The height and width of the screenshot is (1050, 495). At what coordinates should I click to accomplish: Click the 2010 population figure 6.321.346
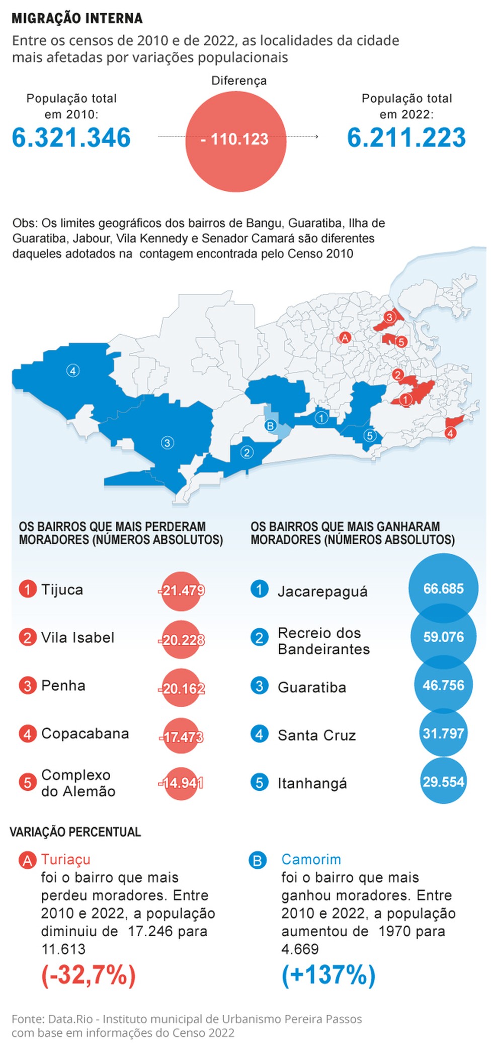(x=71, y=138)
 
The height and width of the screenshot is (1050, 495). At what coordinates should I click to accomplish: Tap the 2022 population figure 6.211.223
(x=406, y=138)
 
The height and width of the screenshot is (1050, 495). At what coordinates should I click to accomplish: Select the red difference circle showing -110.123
(x=235, y=141)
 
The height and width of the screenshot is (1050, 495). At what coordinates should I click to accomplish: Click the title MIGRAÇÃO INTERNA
(x=77, y=19)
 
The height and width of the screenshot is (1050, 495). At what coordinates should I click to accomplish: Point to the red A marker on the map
(x=345, y=338)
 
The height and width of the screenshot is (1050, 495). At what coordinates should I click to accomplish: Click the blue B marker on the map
(x=270, y=426)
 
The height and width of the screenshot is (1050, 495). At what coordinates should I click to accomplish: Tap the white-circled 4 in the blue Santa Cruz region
(x=73, y=371)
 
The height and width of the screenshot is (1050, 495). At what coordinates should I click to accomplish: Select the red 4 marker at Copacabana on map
(x=450, y=433)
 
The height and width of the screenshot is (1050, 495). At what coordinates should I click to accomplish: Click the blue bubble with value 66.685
(x=443, y=588)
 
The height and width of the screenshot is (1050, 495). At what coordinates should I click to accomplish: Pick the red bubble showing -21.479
(x=182, y=590)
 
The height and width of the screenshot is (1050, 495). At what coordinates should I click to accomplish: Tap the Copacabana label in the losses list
(x=85, y=733)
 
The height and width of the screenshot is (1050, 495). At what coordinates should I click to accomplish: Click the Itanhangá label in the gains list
(x=312, y=783)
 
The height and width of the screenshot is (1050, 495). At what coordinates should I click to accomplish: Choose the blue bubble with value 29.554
(x=443, y=782)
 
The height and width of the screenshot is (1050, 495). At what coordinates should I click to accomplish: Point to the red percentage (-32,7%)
(x=89, y=975)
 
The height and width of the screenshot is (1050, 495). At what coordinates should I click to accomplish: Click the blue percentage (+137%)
(x=328, y=975)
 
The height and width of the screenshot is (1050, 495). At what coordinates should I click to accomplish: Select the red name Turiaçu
(x=66, y=859)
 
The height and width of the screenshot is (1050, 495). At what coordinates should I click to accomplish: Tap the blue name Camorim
(x=311, y=859)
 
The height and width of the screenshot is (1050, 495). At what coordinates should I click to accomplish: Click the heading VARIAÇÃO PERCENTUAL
(x=75, y=832)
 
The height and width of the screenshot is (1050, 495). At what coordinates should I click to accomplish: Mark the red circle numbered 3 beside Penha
(x=28, y=686)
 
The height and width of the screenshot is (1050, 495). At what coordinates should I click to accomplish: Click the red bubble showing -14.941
(x=181, y=783)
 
